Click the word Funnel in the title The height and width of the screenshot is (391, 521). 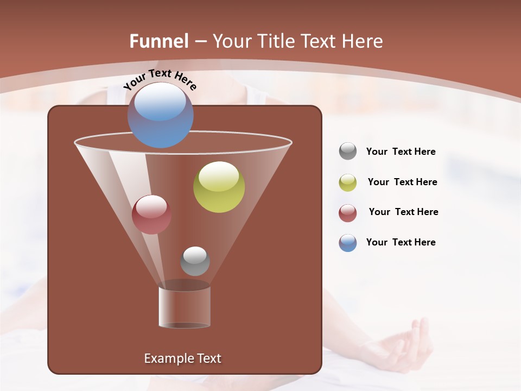pos(159,41)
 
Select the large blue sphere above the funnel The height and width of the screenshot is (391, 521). pos(160,115)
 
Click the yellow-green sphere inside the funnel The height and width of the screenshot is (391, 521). pos(219,187)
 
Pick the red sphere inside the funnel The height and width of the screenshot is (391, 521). pos(151,215)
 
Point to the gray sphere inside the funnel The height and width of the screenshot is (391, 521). pos(195,261)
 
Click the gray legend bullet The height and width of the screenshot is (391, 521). pos(348,152)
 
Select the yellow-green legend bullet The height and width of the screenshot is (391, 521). pos(348,182)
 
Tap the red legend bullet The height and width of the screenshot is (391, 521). pos(348,213)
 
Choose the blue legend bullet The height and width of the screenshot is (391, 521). pos(348,243)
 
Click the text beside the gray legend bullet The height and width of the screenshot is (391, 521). pos(401,152)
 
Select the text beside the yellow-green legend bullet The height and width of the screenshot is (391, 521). pos(402,182)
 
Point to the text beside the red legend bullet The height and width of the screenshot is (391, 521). pos(403,212)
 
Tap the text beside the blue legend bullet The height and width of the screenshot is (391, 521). pos(401,243)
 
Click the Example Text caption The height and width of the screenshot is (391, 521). pos(182,358)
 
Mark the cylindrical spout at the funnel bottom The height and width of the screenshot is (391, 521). pos(184,305)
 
